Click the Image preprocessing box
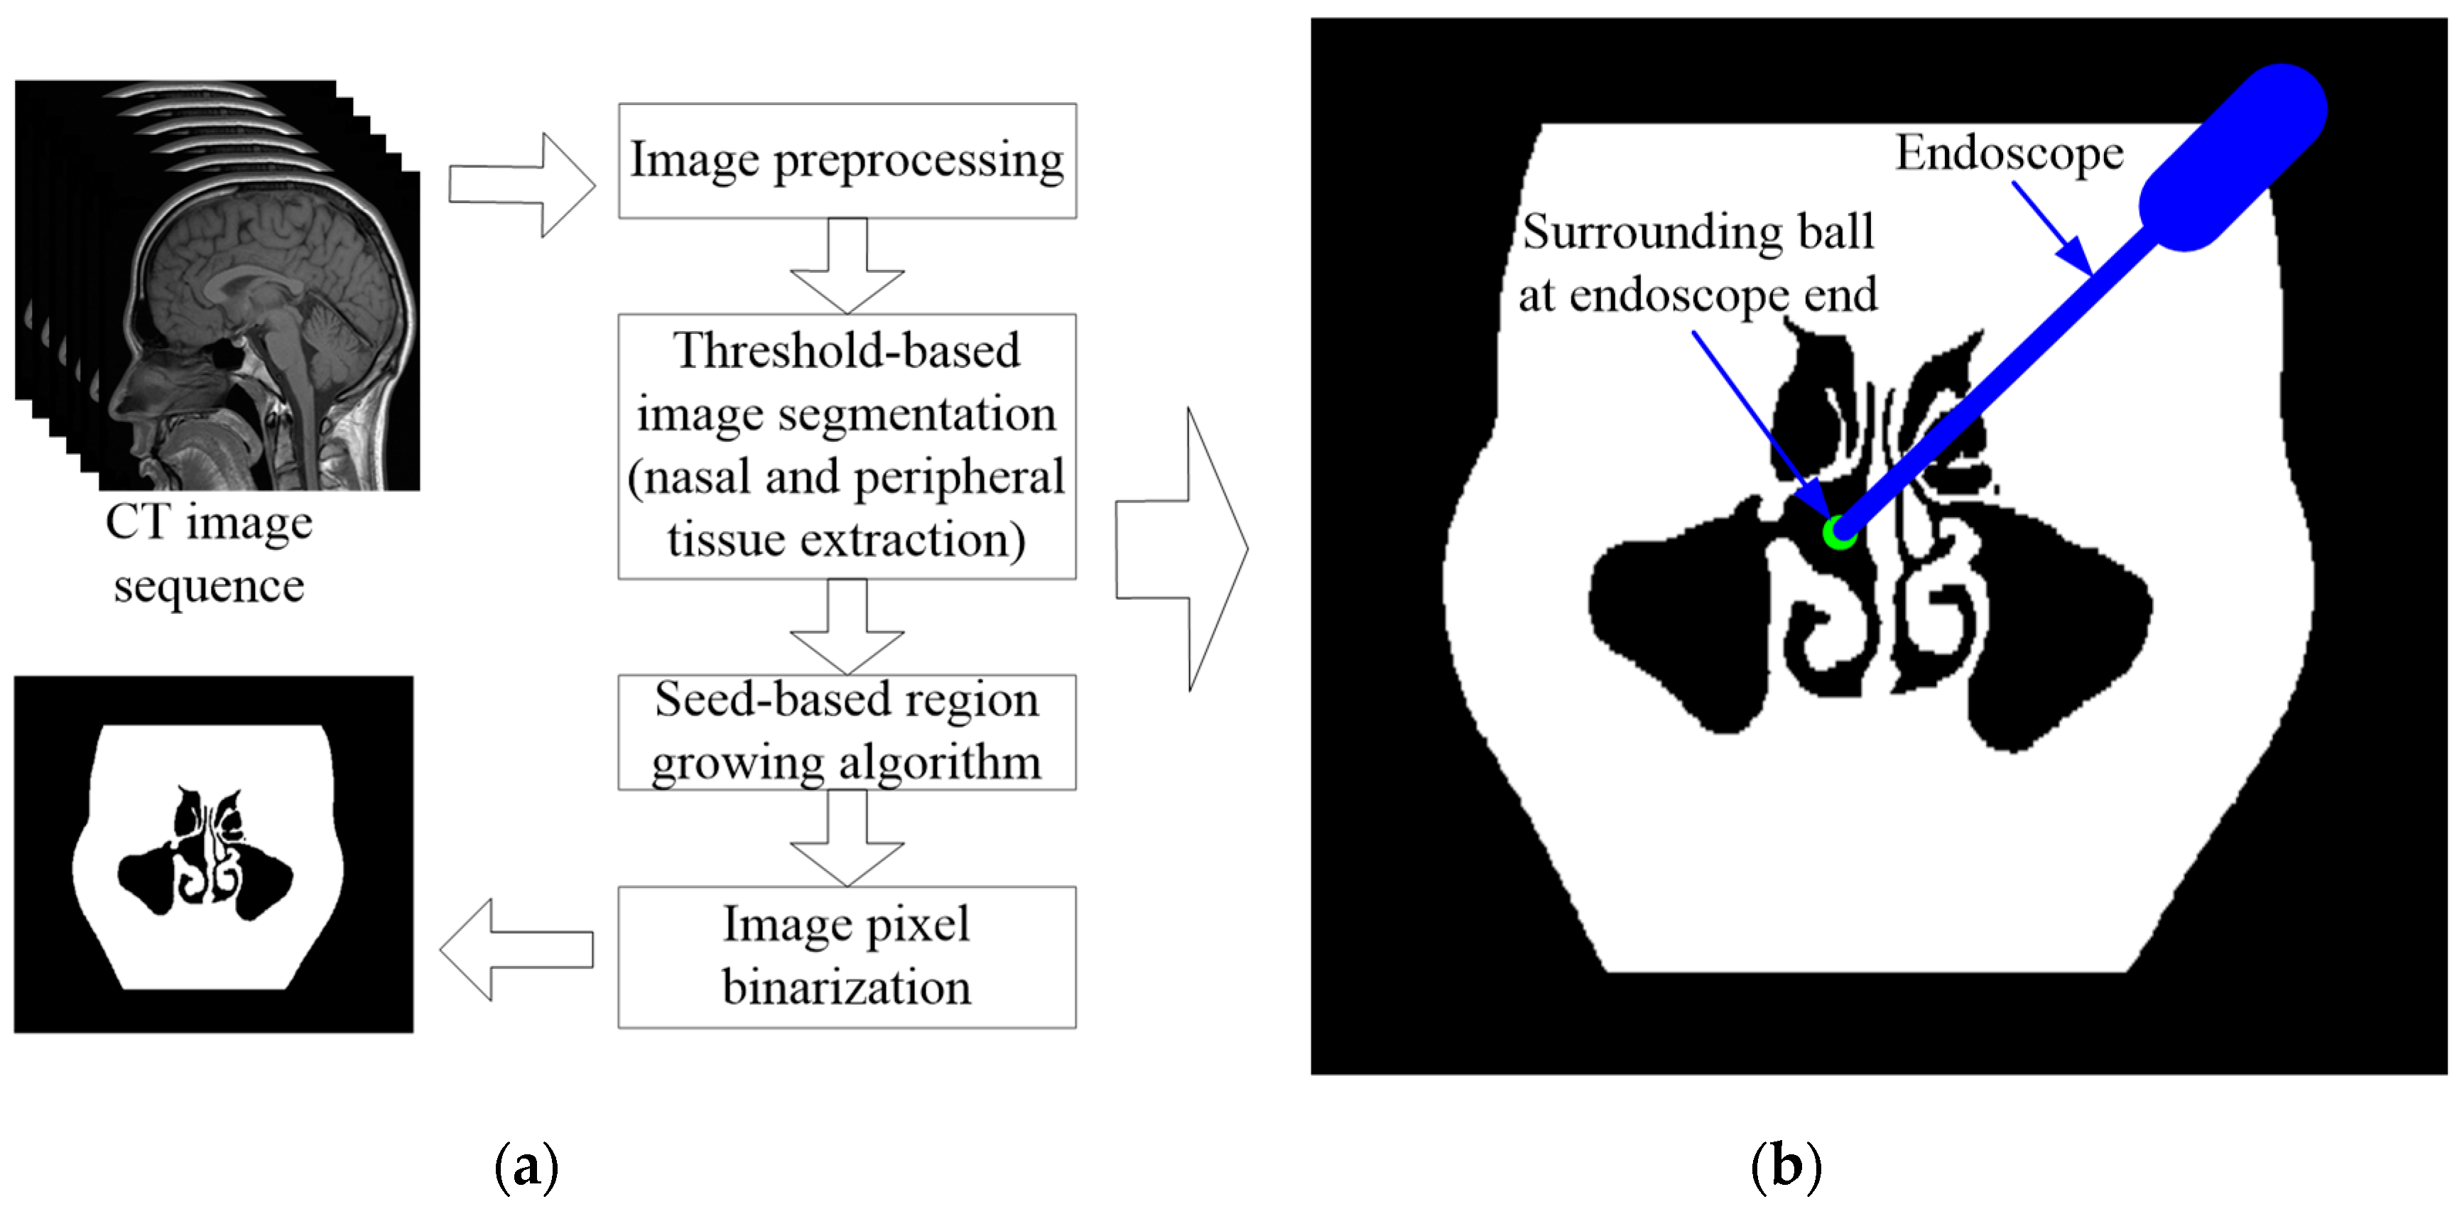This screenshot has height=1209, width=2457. [x=847, y=161]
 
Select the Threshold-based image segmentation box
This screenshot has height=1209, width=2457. [x=847, y=445]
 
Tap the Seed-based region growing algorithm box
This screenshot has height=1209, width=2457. [x=847, y=732]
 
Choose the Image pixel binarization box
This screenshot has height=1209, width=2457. [x=847, y=956]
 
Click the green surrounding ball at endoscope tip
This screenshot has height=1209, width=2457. [x=1839, y=533]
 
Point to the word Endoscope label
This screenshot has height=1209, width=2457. [x=2009, y=153]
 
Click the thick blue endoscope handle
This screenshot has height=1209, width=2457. [x=2232, y=157]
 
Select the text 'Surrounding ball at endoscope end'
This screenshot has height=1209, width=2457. [x=1698, y=262]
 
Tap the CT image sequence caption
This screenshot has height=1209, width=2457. [x=209, y=553]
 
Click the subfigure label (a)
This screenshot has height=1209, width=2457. [x=526, y=1165]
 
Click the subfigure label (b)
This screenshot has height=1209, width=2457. [x=1786, y=1165]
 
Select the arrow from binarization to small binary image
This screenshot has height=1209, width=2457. [x=515, y=950]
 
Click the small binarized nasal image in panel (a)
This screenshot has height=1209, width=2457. [x=214, y=855]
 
